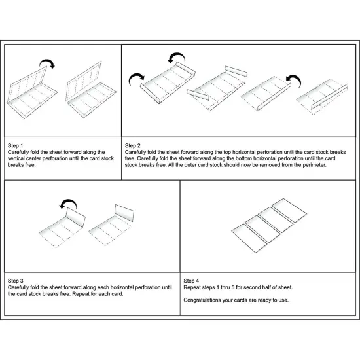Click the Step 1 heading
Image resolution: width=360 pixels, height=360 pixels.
(x=16, y=145)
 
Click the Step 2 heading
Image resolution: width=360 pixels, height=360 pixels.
(x=132, y=145)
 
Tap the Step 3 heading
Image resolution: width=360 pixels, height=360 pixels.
(x=16, y=281)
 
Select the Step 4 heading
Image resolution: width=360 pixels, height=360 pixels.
(x=191, y=281)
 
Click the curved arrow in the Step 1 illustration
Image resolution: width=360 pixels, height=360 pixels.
(x=48, y=61)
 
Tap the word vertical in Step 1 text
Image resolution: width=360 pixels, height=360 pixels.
(x=16, y=158)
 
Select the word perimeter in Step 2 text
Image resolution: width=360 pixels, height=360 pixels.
(x=314, y=165)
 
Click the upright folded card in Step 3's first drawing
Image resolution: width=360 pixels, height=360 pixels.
(x=75, y=217)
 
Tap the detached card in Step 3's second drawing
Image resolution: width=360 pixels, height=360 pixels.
(x=124, y=213)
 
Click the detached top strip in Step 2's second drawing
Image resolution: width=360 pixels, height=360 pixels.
(x=236, y=71)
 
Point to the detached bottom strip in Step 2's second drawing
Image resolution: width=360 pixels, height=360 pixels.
(x=198, y=95)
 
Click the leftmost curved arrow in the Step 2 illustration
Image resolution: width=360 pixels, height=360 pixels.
(x=136, y=79)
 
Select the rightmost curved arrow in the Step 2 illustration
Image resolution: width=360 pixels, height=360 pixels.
(x=294, y=80)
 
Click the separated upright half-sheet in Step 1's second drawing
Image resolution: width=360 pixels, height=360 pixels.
(x=84, y=81)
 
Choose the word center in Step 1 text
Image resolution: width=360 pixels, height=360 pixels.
(x=33, y=158)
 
